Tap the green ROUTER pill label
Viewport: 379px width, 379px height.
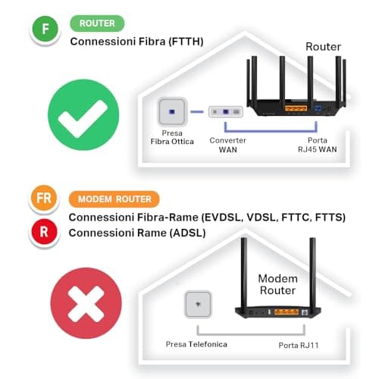[x=97, y=23]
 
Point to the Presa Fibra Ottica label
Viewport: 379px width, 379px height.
[x=171, y=137]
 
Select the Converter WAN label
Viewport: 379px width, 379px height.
[x=227, y=145]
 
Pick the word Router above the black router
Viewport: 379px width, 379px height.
[x=323, y=47]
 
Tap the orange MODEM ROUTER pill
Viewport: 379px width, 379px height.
[x=114, y=199]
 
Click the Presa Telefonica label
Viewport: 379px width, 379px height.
[x=197, y=345]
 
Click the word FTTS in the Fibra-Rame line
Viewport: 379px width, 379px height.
[x=329, y=218]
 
